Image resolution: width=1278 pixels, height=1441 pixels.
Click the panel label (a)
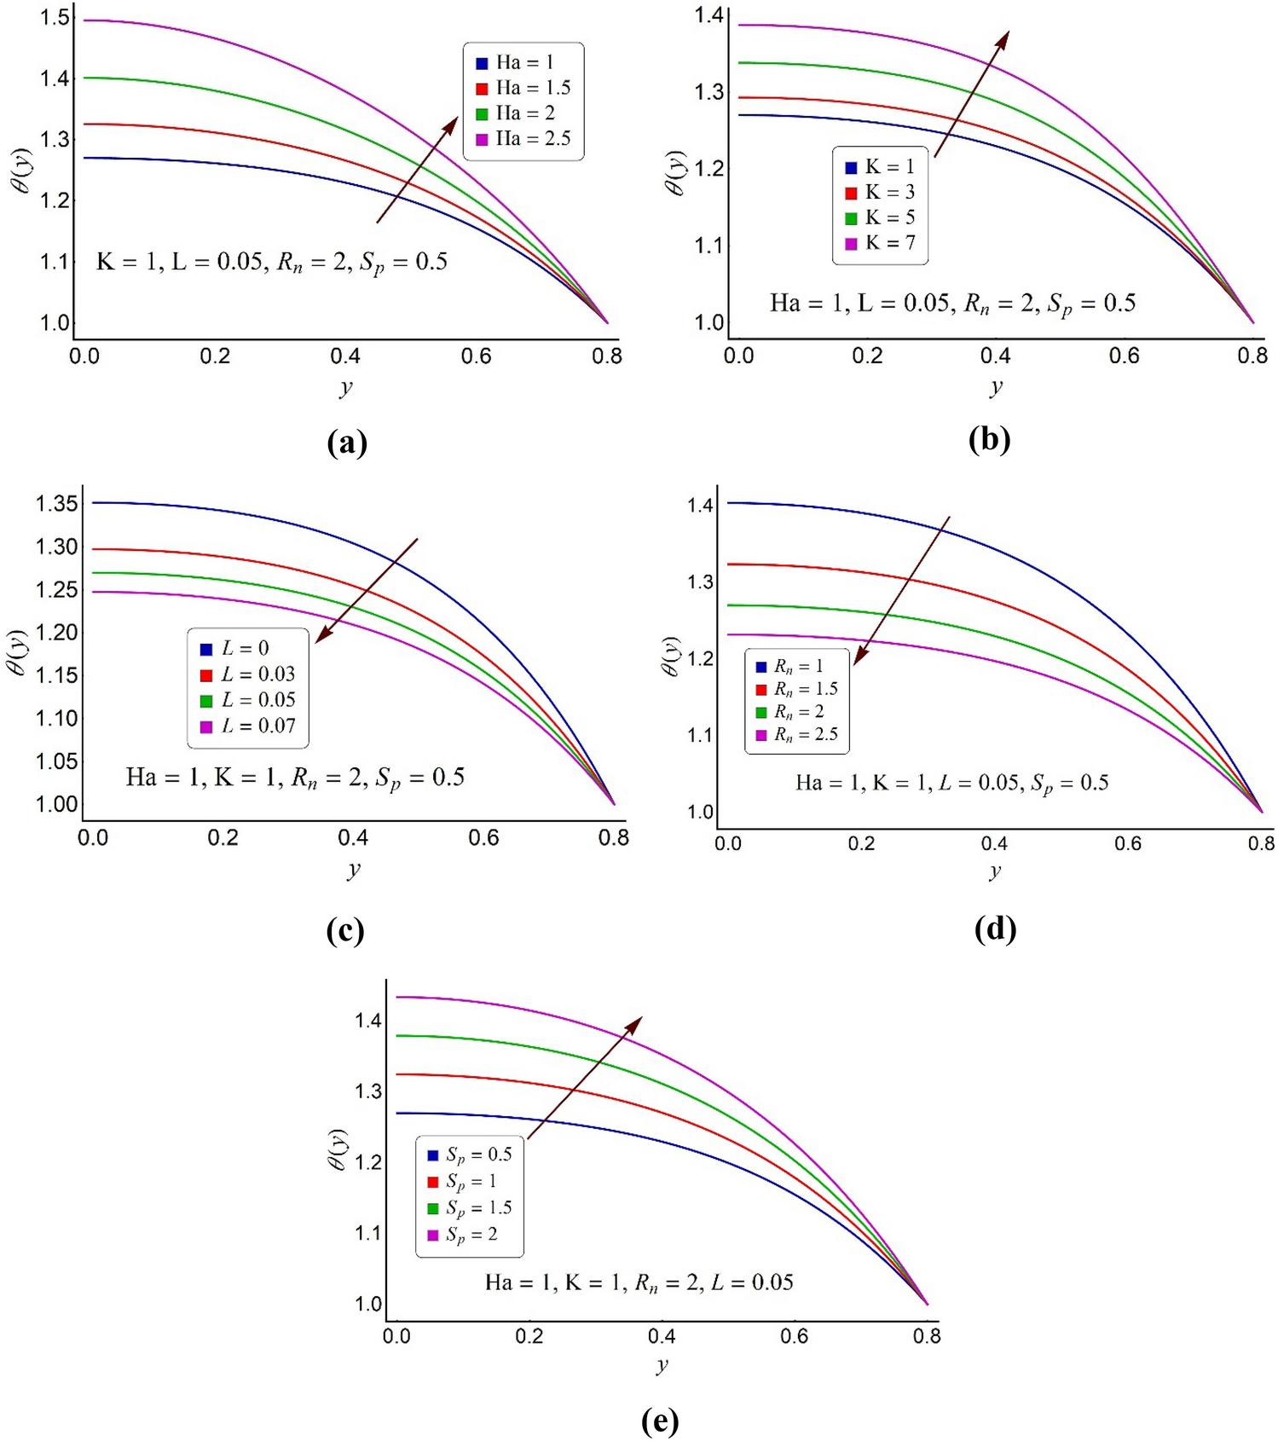pos(347,443)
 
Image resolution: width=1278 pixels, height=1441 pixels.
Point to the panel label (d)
pos(995,928)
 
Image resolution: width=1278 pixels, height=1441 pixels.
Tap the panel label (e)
pos(660,1420)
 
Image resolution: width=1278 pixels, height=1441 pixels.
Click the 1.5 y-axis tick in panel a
pos(55,18)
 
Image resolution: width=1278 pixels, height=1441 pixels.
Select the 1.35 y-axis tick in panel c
pos(56,503)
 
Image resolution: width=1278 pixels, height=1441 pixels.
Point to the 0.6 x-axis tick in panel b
pos(1124,356)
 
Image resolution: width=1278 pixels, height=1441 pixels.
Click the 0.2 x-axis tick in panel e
pos(529,1336)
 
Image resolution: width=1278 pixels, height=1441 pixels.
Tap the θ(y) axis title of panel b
pos(674,173)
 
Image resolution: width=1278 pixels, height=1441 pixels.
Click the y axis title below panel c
pos(354,870)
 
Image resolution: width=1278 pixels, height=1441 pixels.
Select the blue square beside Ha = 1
pos(482,63)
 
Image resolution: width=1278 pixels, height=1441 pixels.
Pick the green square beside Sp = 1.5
pos(433,1208)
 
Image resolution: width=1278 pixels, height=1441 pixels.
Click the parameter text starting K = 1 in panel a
pos(271,262)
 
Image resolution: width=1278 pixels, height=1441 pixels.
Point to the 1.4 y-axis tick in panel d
pos(700,506)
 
